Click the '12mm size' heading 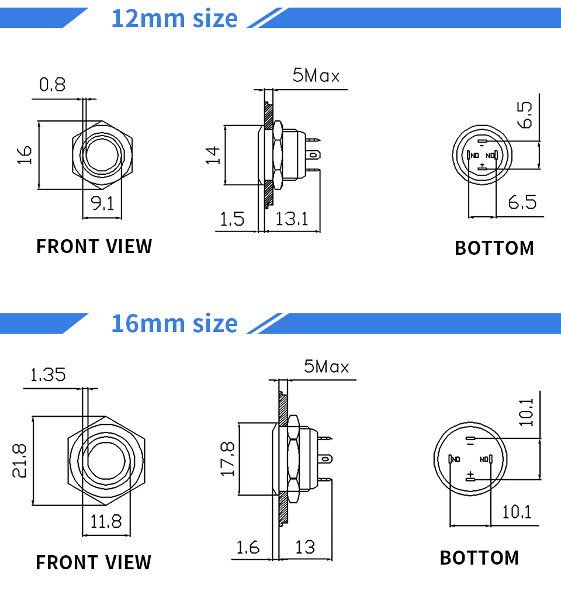[174, 18]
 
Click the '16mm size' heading [174, 323]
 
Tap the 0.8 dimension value [53, 85]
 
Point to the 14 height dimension [213, 155]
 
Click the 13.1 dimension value [291, 219]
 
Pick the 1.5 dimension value [232, 219]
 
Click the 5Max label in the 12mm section [316, 75]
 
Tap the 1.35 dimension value [48, 374]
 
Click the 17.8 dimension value [227, 459]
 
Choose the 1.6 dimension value [247, 548]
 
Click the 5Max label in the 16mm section [326, 366]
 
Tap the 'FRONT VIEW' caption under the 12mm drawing [94, 247]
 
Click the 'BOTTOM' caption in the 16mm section [479, 558]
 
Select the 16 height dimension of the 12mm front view [23, 155]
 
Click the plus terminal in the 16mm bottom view [470, 477]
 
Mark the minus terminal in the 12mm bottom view [482, 143]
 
